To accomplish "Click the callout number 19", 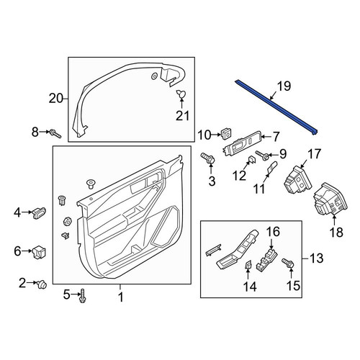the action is point(284,86).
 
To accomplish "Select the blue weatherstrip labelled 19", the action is point(276,107).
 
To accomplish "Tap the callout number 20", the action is point(56,99).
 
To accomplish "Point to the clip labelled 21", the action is point(181,94).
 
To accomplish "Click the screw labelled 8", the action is point(55,134).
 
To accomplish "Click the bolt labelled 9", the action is point(262,155).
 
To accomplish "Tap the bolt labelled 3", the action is point(208,158).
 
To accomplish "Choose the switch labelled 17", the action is point(297,180).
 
